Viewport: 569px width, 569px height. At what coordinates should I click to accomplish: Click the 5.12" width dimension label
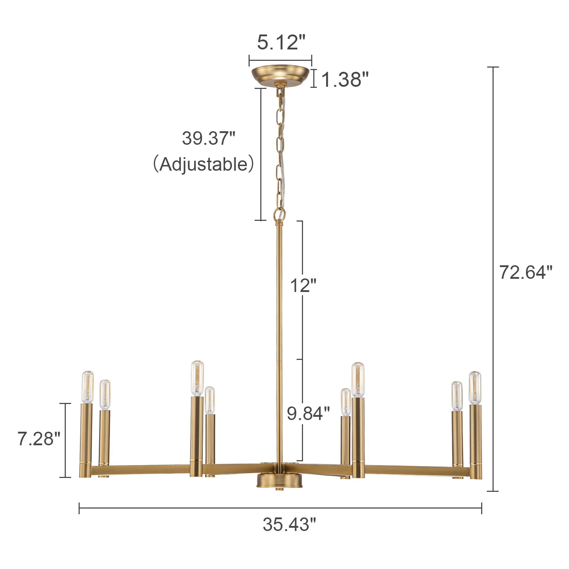(281, 42)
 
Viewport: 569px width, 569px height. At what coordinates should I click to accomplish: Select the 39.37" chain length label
(209, 138)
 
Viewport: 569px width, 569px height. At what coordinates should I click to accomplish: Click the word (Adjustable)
(203, 164)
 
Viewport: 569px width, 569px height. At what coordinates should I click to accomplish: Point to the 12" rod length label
(303, 286)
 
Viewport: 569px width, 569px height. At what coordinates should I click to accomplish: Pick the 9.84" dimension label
(308, 414)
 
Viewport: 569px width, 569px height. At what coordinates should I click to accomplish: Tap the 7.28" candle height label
(39, 439)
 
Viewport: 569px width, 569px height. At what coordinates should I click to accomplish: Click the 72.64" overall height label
(526, 273)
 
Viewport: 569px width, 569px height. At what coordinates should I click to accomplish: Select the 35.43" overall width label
(289, 525)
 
